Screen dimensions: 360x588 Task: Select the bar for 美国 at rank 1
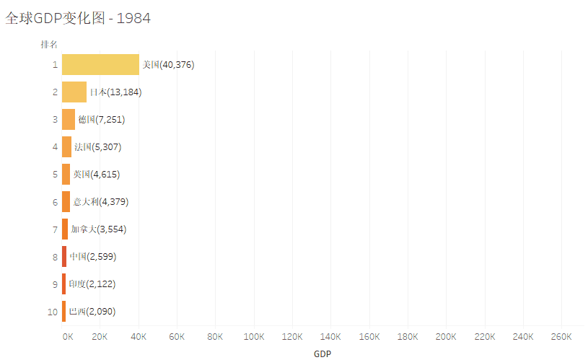point(100,64)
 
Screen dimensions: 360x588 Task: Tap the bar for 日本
point(74,92)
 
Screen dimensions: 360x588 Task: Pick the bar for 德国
point(69,119)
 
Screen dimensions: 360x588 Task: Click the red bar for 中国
point(64,256)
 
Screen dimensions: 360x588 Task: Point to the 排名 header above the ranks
point(49,45)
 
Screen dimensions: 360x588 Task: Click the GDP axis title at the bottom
point(322,354)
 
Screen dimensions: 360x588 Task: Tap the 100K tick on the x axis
point(254,336)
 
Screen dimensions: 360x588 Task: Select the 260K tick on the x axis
point(561,336)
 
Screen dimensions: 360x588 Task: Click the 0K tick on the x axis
point(67,336)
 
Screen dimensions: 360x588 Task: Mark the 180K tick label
point(408,336)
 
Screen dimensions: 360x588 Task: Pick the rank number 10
point(52,312)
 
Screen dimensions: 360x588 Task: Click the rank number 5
point(55,174)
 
